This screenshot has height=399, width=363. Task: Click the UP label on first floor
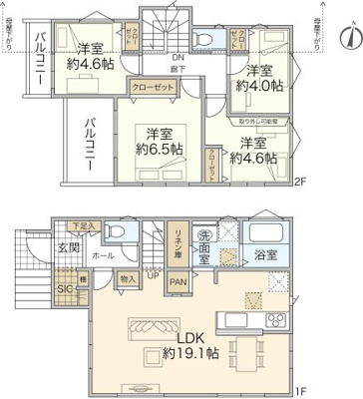pyautogui.click(x=152, y=274)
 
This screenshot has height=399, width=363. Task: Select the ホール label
pyautogui.click(x=103, y=255)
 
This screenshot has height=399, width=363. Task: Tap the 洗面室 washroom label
pyautogui.click(x=205, y=244)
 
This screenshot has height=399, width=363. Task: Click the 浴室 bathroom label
pyautogui.click(x=265, y=254)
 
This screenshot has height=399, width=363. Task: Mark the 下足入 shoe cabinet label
pyautogui.click(x=85, y=226)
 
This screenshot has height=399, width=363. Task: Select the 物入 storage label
pyautogui.click(x=127, y=280)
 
